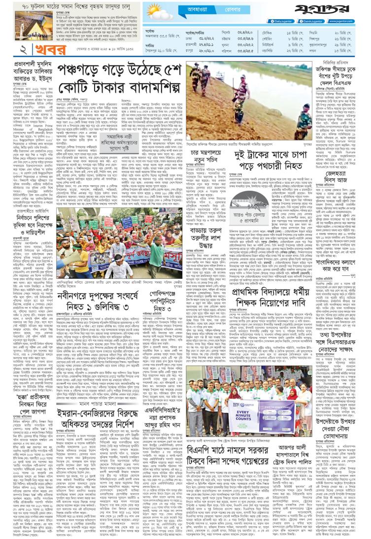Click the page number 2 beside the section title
(x=9, y=52)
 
